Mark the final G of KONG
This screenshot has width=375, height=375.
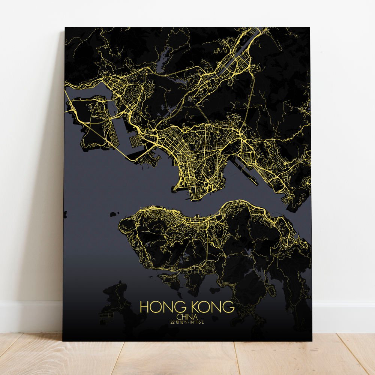(x=229, y=307)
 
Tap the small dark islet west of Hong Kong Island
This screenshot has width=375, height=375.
(x=113, y=214)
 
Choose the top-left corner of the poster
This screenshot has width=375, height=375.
(x=65, y=27)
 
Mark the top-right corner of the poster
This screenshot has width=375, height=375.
(x=310, y=27)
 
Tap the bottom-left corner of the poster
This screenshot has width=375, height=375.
(x=63, y=340)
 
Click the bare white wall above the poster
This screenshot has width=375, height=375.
(x=187, y=13)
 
